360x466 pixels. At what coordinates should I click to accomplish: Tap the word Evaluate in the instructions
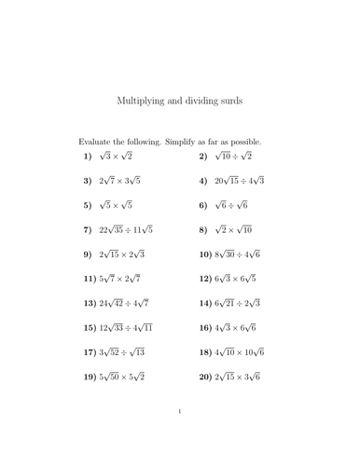click(100, 140)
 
